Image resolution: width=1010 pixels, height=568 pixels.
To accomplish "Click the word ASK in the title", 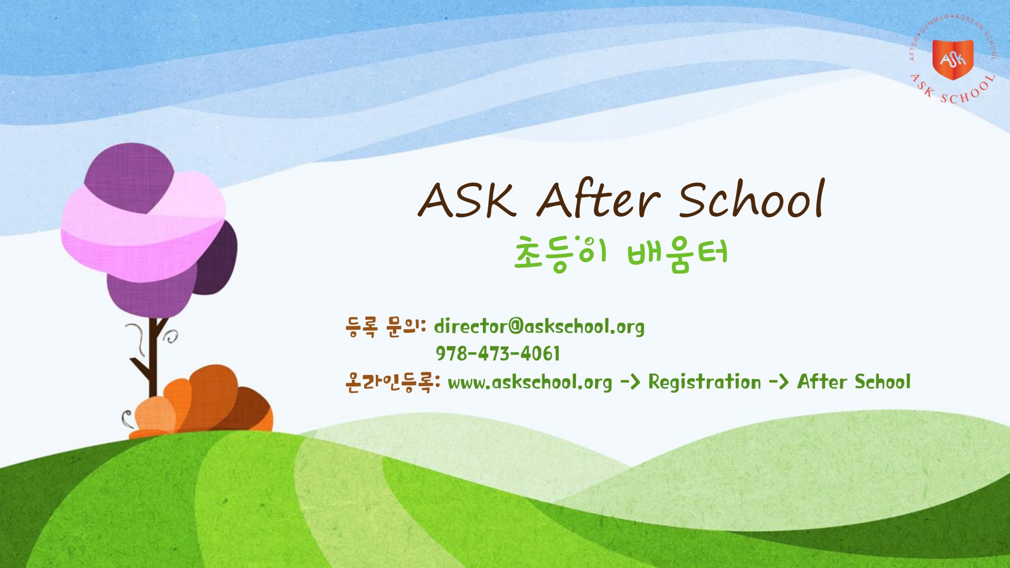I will (x=468, y=200).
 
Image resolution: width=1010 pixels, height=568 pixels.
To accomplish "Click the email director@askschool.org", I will (x=539, y=327).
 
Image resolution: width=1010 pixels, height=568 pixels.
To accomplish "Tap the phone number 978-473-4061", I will (x=498, y=353).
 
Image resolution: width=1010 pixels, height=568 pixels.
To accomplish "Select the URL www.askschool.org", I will (x=530, y=382).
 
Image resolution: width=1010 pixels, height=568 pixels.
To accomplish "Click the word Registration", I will (x=705, y=382).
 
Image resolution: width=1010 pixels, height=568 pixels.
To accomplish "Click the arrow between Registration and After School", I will (x=778, y=382).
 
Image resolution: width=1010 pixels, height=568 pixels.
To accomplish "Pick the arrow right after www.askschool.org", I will (x=630, y=382).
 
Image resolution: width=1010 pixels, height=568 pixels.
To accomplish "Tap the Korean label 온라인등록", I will (x=392, y=382).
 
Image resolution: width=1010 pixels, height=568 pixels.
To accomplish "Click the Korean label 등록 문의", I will (x=385, y=327).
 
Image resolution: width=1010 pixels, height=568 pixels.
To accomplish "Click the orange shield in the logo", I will (x=953, y=59).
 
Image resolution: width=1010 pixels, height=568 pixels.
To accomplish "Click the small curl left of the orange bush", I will (x=127, y=418).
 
